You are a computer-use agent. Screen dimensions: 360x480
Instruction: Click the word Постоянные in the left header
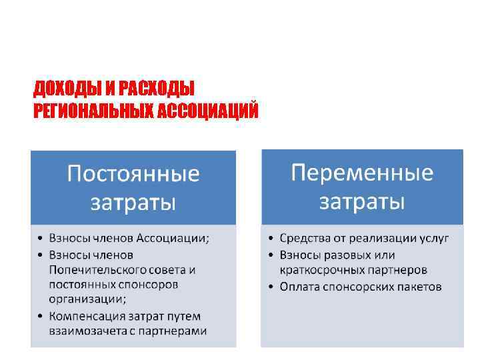tap(133, 175)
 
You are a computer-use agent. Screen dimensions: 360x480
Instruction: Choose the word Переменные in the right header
tap(362, 173)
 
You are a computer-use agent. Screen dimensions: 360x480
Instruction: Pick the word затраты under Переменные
tap(362, 201)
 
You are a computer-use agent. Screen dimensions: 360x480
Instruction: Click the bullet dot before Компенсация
tap(41, 316)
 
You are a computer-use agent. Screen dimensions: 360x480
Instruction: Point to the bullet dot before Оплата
tap(271, 287)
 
